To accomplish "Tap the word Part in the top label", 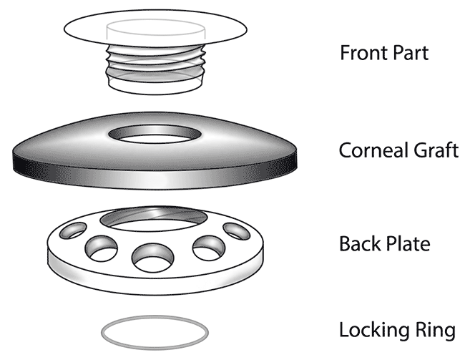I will [408, 53].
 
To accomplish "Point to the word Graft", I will [434, 150].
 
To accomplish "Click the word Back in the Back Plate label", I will [359, 243].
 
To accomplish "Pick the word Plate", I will [407, 243].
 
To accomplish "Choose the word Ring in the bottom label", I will [434, 331].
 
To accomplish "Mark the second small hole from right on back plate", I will [206, 246].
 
